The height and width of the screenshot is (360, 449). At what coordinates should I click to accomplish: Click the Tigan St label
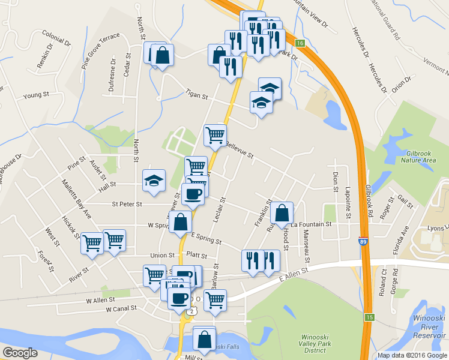196,95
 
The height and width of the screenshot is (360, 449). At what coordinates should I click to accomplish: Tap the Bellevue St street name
240,150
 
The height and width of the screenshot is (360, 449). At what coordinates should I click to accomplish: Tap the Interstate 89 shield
364,241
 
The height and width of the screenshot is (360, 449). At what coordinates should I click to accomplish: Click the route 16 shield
300,43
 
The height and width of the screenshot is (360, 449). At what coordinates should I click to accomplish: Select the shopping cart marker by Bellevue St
215,135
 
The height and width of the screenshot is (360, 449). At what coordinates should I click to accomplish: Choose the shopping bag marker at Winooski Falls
204,339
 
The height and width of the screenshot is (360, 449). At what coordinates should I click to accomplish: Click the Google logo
20,353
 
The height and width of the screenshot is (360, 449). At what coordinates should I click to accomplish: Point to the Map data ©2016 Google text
412,355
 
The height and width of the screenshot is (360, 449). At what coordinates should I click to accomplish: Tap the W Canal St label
121,309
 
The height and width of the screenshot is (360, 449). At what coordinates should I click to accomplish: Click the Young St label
35,95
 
